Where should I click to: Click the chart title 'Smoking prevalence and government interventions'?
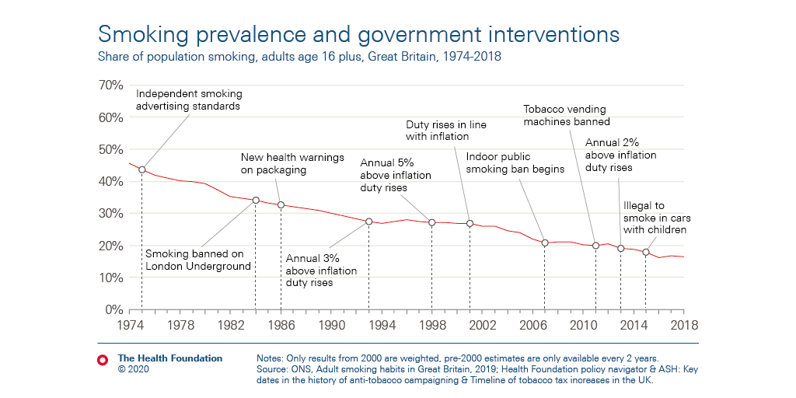(358, 34)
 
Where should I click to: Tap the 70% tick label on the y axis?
(110, 85)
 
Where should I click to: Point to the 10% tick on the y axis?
(110, 278)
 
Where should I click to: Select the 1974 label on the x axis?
(130, 324)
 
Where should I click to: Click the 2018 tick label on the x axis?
(683, 324)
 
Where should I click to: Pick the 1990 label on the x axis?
(332, 324)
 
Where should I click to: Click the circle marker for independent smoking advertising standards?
(141, 169)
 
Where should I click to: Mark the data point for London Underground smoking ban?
(256, 200)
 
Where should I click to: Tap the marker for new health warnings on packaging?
(281, 205)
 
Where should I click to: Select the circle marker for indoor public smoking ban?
(545, 243)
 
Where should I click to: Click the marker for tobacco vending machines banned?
(595, 246)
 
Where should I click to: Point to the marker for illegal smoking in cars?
(646, 252)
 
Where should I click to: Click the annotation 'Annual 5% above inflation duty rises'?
(395, 175)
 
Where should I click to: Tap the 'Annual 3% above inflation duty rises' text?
(321, 271)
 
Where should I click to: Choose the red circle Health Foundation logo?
(102, 359)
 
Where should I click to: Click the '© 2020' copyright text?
(133, 369)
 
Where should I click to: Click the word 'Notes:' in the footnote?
(271, 358)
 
